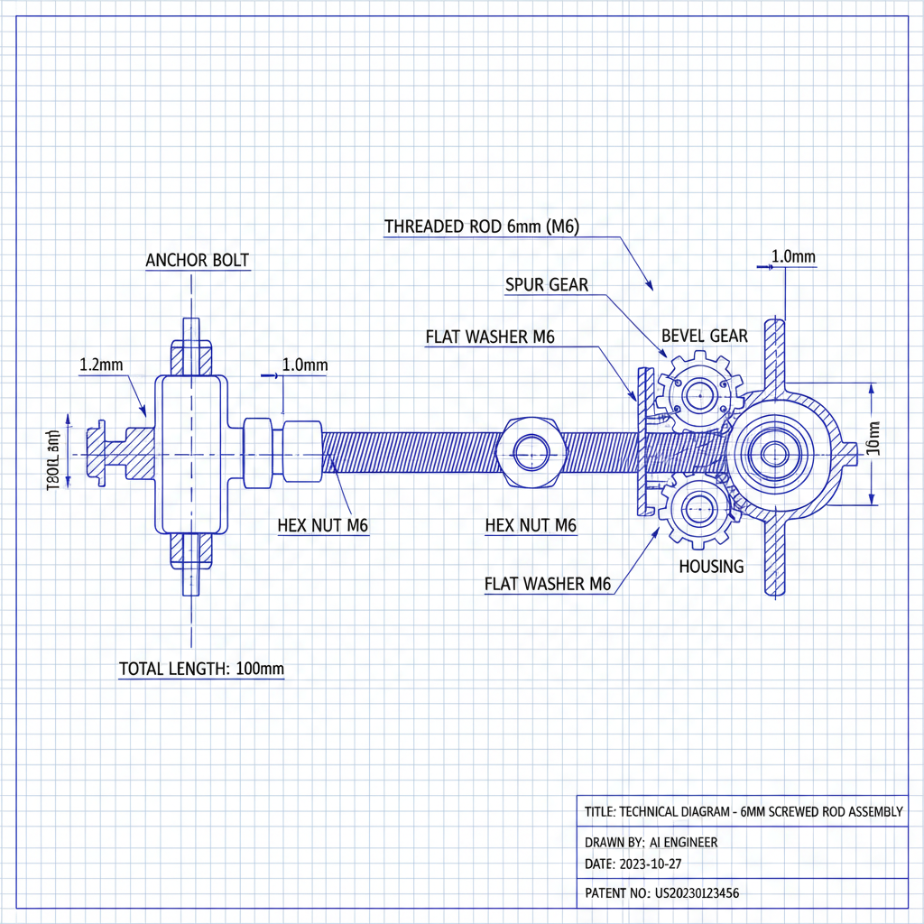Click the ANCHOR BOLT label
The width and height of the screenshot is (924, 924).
[x=197, y=261]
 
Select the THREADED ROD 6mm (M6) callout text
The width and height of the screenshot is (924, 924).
[x=481, y=226]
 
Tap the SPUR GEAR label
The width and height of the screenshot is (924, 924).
[x=546, y=285]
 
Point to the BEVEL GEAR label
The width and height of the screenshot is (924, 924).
[x=704, y=336]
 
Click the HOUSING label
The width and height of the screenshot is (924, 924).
[x=711, y=567]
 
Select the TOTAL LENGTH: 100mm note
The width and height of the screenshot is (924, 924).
[x=201, y=669]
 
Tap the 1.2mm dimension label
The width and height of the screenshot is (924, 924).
[x=101, y=365]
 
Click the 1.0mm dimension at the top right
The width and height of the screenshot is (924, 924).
[x=793, y=257]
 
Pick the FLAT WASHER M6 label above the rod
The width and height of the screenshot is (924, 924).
[x=489, y=337]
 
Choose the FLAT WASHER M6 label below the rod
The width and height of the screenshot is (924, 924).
[x=548, y=584]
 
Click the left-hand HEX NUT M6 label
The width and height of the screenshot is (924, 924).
[x=322, y=526]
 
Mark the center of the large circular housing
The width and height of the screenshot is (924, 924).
[x=772, y=453]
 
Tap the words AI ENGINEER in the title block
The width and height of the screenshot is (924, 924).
[x=683, y=842]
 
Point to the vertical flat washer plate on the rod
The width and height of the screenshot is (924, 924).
[x=643, y=442]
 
